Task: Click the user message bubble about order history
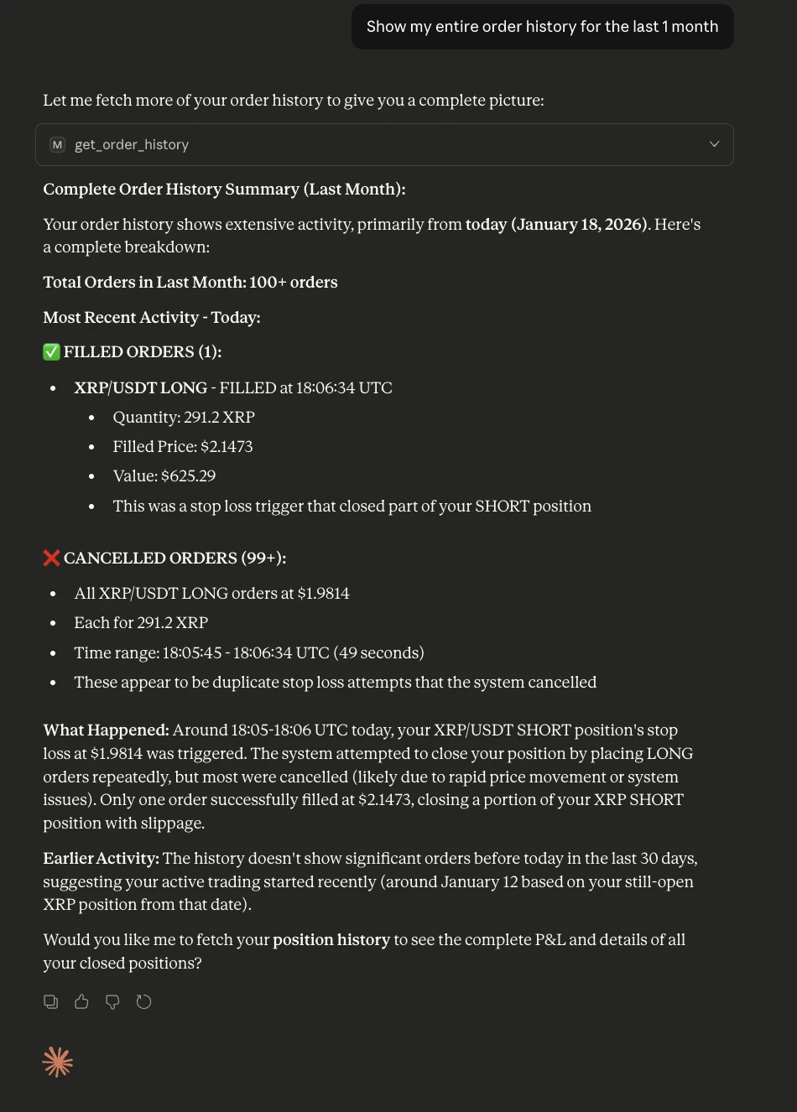[542, 27]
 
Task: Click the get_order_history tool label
[132, 145]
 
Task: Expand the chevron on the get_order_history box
[714, 144]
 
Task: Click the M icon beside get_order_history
[57, 145]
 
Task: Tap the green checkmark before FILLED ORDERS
[52, 352]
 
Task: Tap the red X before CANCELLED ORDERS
[52, 559]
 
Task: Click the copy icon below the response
[51, 1001]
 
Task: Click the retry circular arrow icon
[143, 1001]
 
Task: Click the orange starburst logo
[58, 1063]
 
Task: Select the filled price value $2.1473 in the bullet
[227, 447]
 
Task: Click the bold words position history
[331, 940]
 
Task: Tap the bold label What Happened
[106, 730]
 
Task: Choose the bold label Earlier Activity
[101, 859]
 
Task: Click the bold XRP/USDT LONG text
[140, 388]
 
